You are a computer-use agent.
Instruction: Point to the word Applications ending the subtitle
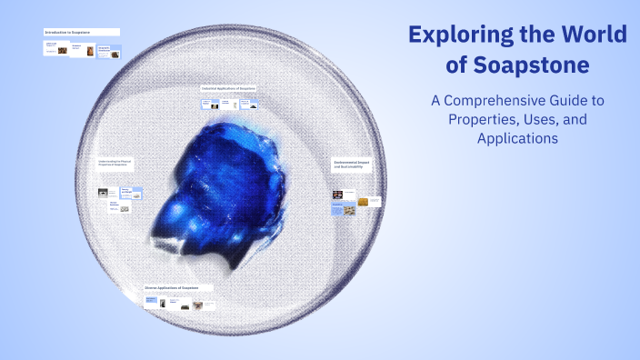pyautogui.click(x=516, y=139)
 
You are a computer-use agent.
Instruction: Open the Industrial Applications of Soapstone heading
pyautogui.click(x=229, y=88)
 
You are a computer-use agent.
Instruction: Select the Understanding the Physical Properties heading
pyautogui.click(x=121, y=165)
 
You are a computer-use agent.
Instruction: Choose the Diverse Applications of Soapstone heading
pyautogui.click(x=172, y=287)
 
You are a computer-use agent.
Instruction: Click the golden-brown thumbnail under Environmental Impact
pyautogui.click(x=363, y=202)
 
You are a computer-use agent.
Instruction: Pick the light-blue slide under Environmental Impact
pyautogui.click(x=337, y=208)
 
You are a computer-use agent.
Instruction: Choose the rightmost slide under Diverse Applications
pyautogui.click(x=211, y=305)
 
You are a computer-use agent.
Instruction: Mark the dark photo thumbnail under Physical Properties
pyautogui.click(x=104, y=192)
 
